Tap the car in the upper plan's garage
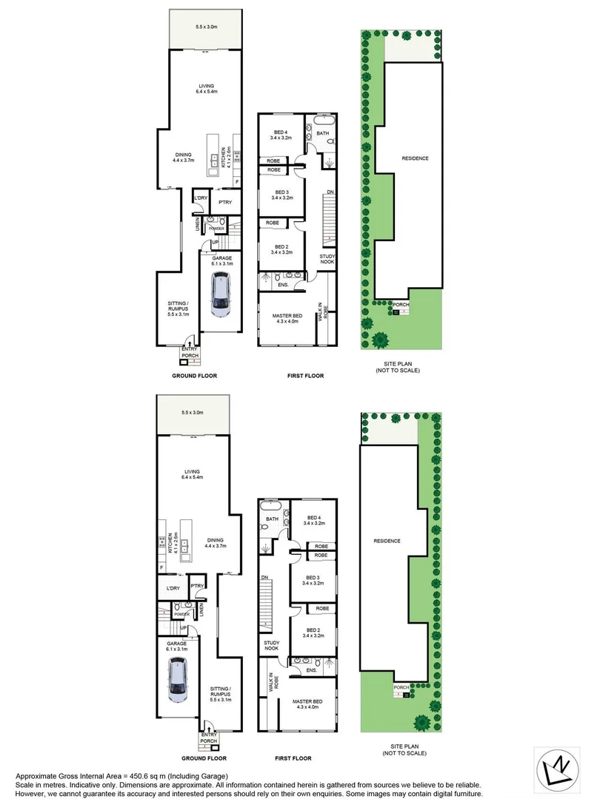(x=220, y=294)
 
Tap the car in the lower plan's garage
(x=178, y=680)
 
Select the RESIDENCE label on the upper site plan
(x=415, y=158)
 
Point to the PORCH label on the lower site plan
(x=401, y=687)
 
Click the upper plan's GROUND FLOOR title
(x=194, y=376)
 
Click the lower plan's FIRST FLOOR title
(x=294, y=758)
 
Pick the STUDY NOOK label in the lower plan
(x=270, y=646)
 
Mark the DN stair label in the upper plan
(x=330, y=192)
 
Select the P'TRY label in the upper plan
(x=226, y=201)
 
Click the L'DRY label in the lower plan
(x=173, y=588)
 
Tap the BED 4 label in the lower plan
(x=313, y=521)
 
